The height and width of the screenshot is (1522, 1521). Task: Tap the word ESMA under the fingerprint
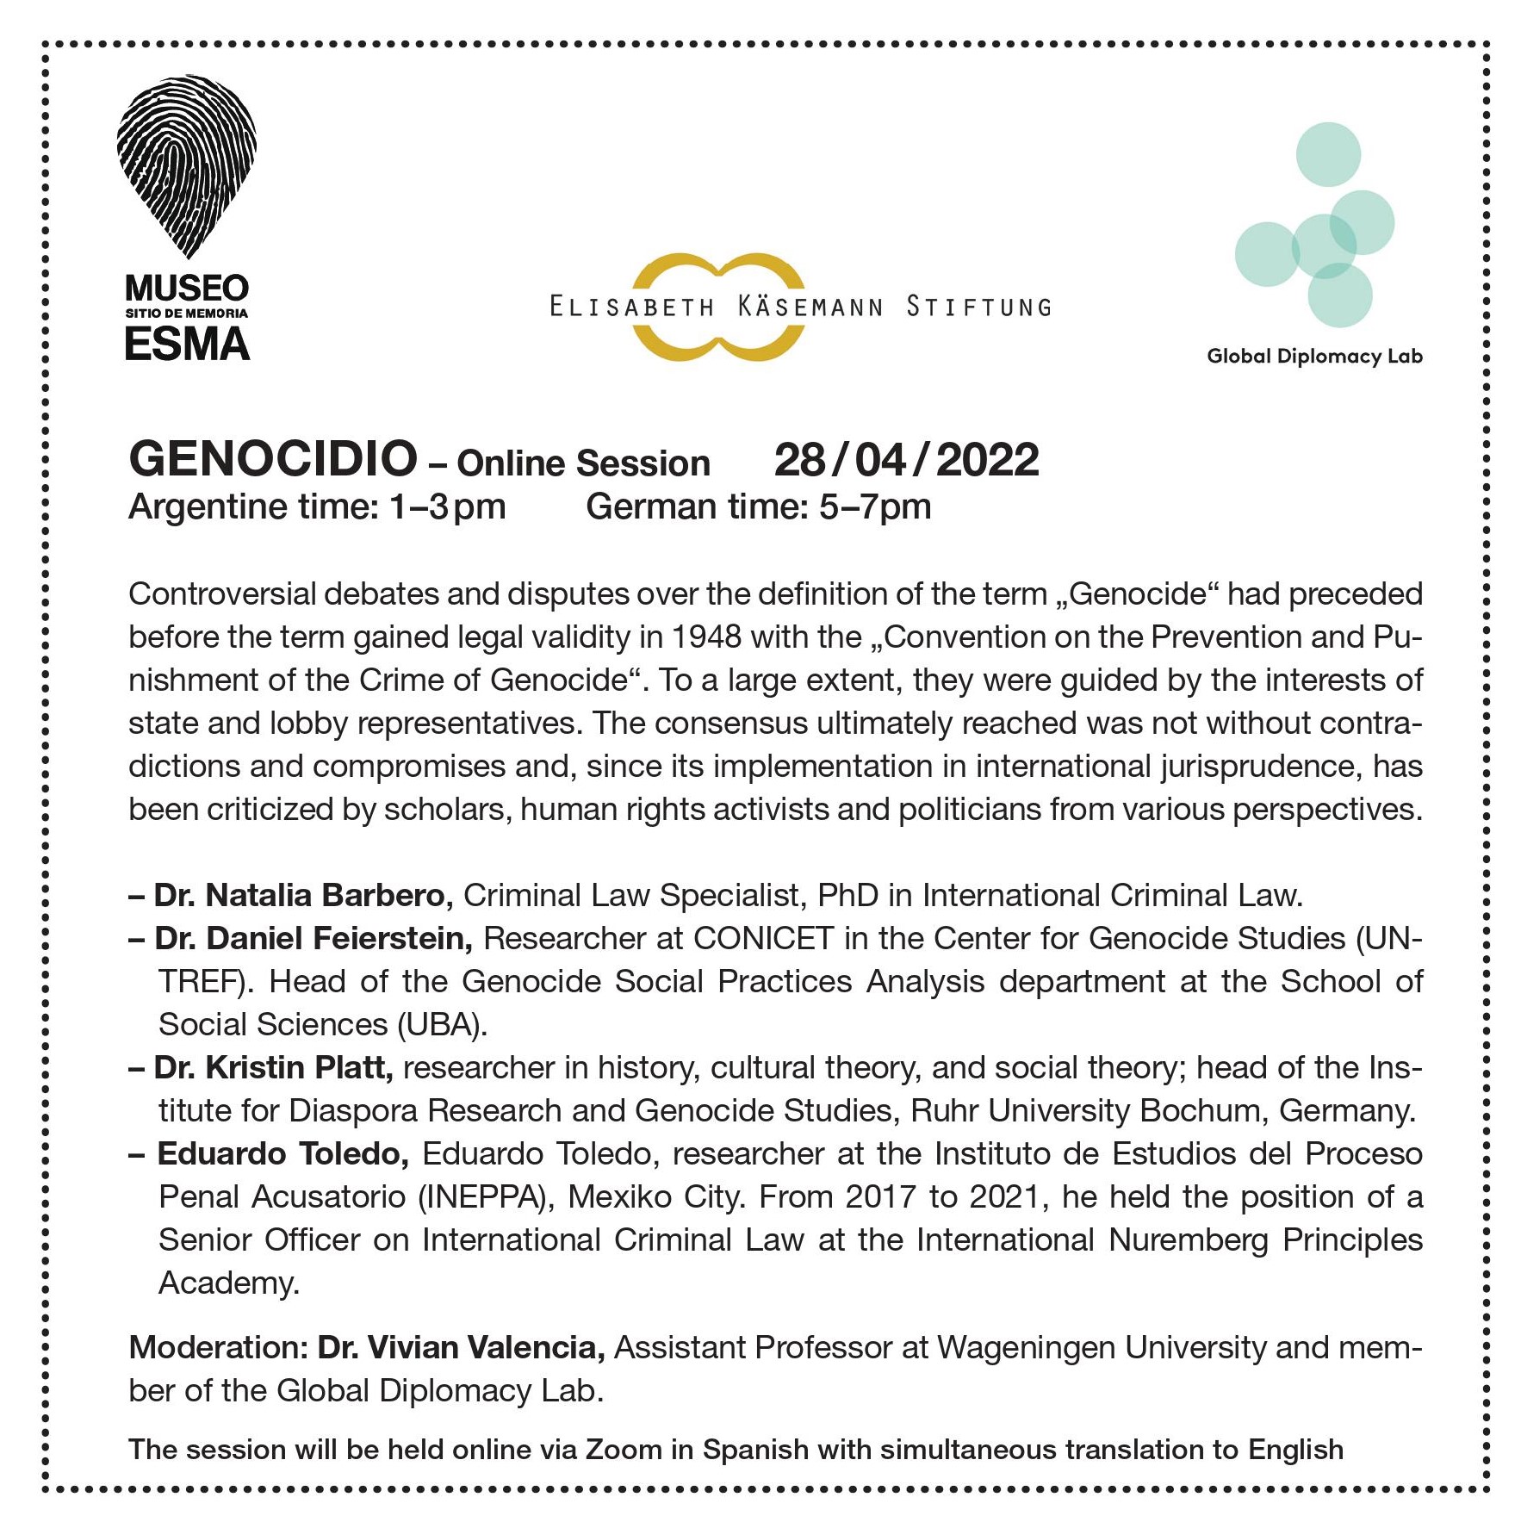click(x=187, y=345)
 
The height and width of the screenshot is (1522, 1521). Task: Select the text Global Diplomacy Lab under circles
click(x=1314, y=357)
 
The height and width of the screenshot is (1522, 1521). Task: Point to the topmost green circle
click(x=1328, y=154)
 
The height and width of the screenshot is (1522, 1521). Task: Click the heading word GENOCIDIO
click(x=273, y=459)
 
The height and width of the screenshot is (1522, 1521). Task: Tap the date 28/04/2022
click(x=906, y=460)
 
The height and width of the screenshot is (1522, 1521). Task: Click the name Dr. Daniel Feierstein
click(x=313, y=939)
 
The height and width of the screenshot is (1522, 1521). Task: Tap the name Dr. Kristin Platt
click(x=273, y=1068)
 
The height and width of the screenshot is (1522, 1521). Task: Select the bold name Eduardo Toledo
click(x=282, y=1154)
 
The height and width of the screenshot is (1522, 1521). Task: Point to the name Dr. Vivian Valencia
click(x=461, y=1348)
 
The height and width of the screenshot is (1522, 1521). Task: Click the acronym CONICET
click(x=763, y=939)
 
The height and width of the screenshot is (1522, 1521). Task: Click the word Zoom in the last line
click(x=623, y=1450)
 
